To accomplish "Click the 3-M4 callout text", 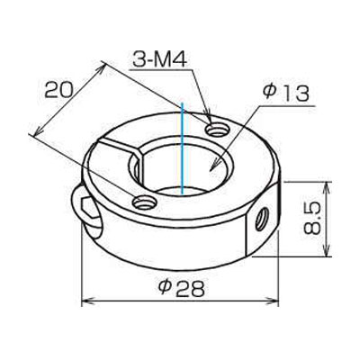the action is coord(160,60).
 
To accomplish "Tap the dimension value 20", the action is coord(58,89).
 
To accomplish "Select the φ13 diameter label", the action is coord(284,94).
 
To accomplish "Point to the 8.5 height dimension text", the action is coord(312,218).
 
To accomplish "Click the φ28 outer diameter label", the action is coord(182,289).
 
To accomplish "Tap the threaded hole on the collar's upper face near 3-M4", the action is coord(217,130).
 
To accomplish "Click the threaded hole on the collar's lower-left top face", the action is coord(145,202).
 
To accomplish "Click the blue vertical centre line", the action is coord(183,148).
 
